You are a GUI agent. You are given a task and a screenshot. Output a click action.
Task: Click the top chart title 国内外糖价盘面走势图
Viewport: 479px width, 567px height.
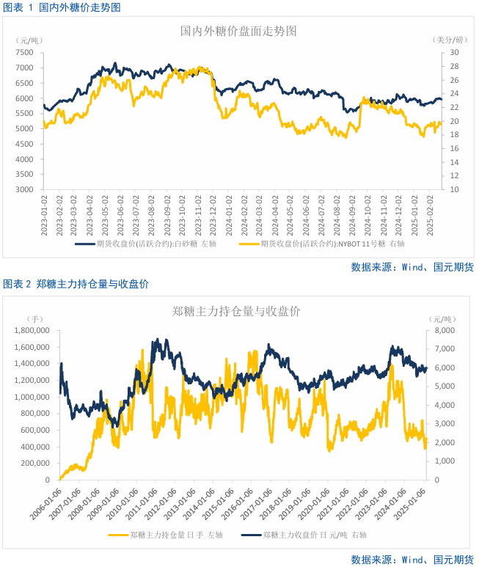[238, 32]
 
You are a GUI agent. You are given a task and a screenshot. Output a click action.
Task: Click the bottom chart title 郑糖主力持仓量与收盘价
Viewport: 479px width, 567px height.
[236, 311]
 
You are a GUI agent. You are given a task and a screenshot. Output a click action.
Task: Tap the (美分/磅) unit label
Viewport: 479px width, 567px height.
[450, 40]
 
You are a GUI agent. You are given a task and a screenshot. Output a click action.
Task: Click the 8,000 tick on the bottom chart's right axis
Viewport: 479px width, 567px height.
[443, 331]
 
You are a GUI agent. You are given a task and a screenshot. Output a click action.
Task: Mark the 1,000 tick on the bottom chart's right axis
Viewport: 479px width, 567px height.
[443, 461]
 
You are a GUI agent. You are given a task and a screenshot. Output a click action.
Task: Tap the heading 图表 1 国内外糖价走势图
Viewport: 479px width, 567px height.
[62, 7]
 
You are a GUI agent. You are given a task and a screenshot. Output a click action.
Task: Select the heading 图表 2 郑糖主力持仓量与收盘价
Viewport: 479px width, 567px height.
[81, 284]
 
